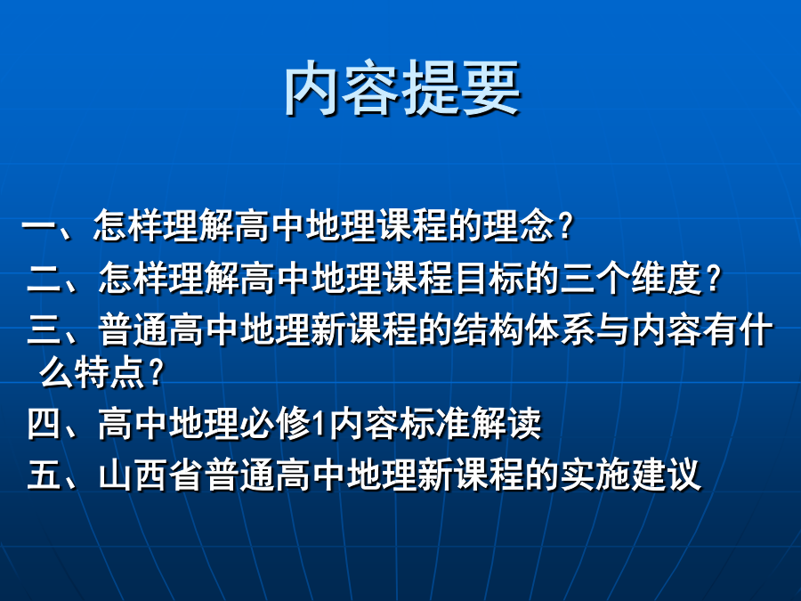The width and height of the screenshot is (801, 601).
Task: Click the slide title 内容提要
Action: (402, 88)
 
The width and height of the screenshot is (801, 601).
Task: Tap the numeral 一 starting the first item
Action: (38, 225)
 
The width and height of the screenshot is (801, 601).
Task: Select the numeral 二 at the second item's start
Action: (44, 278)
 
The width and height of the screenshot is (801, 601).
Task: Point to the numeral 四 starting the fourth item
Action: (44, 423)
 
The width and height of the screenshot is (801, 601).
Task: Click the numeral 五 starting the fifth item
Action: (44, 475)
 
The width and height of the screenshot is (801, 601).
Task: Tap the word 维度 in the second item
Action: (667, 278)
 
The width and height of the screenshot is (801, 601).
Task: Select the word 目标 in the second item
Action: (489, 278)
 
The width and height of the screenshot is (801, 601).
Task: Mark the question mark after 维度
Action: (713, 279)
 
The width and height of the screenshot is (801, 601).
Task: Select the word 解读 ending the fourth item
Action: (506, 423)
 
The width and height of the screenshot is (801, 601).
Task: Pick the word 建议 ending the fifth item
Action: (666, 475)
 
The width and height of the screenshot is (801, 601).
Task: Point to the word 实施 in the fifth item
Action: (595, 475)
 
